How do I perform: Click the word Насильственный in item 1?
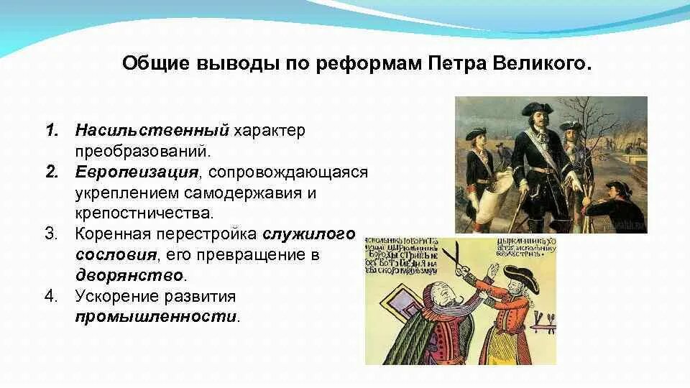tap(152, 131)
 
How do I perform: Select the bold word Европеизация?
tap(136, 172)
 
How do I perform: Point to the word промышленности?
tap(156, 316)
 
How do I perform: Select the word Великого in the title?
tap(545, 64)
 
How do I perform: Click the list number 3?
tap(52, 234)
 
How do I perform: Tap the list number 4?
tap(52, 296)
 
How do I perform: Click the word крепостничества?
tap(142, 213)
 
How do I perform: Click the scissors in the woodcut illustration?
tap(455, 257)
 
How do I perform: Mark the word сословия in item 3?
tap(115, 255)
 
